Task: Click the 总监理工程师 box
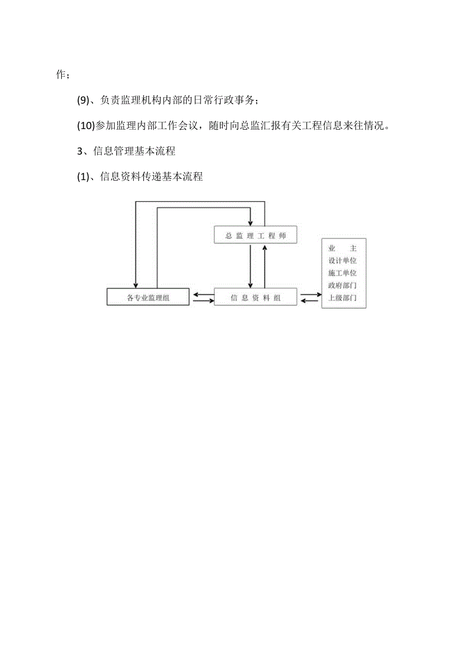pyautogui.click(x=255, y=236)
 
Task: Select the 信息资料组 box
pyautogui.click(x=255, y=297)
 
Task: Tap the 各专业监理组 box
pyautogui.click(x=148, y=297)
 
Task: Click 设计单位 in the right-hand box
pyautogui.click(x=343, y=261)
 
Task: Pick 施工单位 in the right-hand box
pyautogui.click(x=343, y=273)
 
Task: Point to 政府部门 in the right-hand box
pyautogui.click(x=343, y=285)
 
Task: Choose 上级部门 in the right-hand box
pyautogui.click(x=343, y=298)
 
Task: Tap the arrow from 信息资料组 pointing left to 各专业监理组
pyautogui.click(x=202, y=295)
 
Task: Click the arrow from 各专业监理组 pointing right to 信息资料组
pyautogui.click(x=202, y=300)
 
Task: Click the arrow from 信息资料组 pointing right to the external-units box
pyautogui.click(x=310, y=295)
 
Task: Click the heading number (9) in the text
pyautogui.click(x=83, y=101)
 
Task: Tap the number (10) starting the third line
pyautogui.click(x=86, y=126)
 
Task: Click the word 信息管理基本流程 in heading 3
pyautogui.click(x=134, y=151)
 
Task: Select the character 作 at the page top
pyautogui.click(x=61, y=75)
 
